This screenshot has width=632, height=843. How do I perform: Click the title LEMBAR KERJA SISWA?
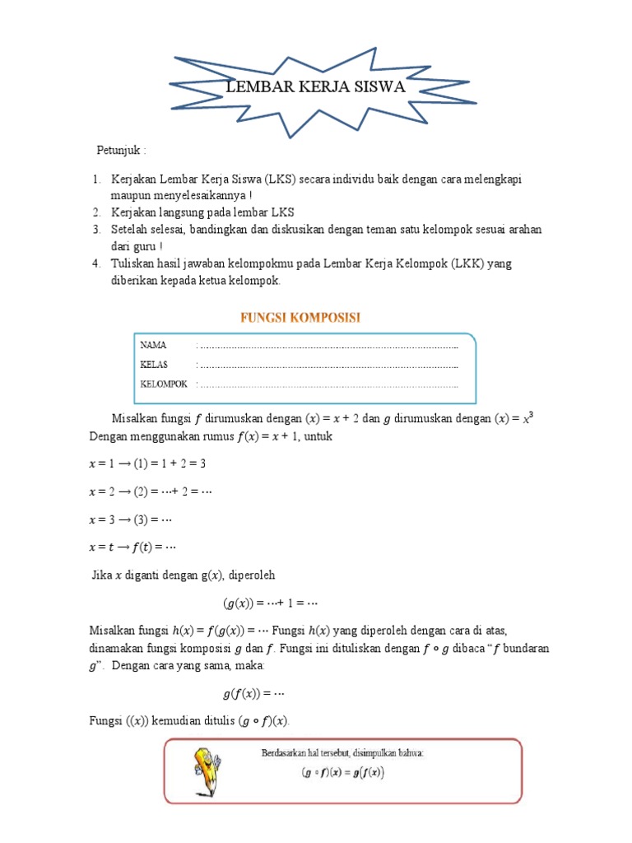[316, 87]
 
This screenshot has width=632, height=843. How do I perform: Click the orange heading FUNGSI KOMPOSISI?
[300, 317]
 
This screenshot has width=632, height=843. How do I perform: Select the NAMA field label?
[153, 345]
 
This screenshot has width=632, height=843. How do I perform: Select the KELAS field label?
[154, 364]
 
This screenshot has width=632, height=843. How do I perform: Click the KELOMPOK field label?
[164, 384]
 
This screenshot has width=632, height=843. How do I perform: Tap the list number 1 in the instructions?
[95, 179]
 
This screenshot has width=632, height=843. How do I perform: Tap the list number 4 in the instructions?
[95, 263]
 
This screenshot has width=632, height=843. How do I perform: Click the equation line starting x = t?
[132, 547]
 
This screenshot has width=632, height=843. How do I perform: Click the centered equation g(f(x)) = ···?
[253, 693]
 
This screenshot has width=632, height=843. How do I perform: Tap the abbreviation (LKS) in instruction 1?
[285, 179]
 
